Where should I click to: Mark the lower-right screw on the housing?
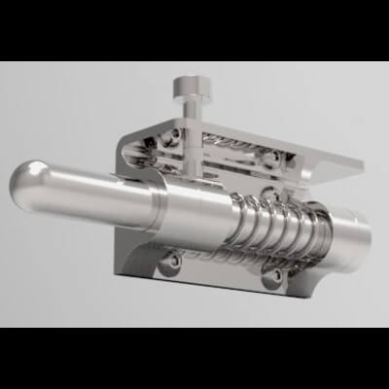276,275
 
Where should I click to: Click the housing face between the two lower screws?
224,272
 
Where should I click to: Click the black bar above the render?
194,29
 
